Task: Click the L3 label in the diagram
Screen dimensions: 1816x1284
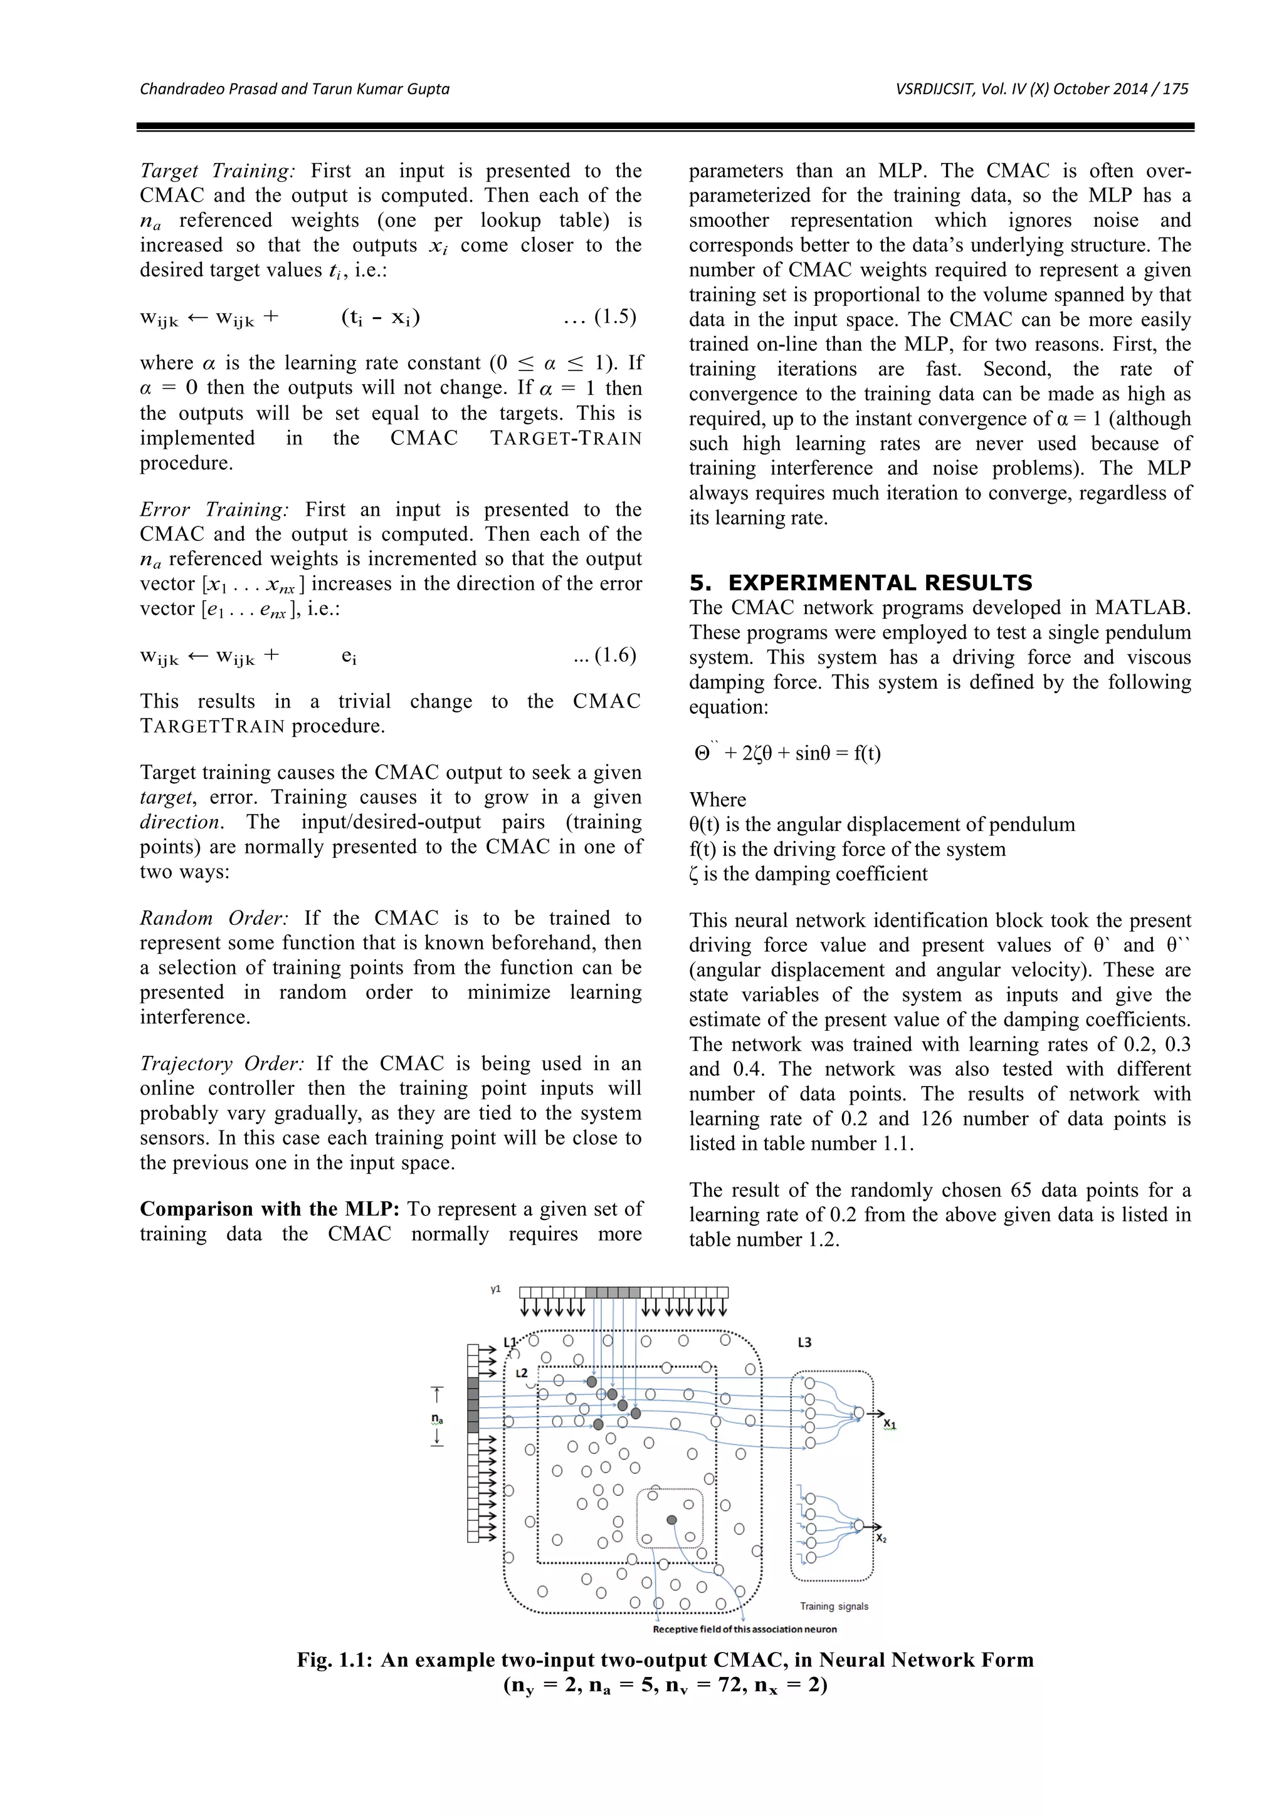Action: click(x=804, y=1342)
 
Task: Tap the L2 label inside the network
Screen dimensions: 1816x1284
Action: click(x=522, y=1373)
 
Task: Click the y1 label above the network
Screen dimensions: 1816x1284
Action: click(x=495, y=1289)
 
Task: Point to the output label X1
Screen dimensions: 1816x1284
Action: click(x=890, y=1424)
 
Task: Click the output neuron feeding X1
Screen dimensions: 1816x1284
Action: click(x=858, y=1412)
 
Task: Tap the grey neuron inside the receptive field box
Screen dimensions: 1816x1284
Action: click(x=671, y=1520)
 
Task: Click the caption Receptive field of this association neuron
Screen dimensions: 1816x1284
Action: click(x=744, y=1629)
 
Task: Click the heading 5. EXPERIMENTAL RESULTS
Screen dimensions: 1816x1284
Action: click(x=860, y=583)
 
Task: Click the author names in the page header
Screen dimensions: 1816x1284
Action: click(x=294, y=88)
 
